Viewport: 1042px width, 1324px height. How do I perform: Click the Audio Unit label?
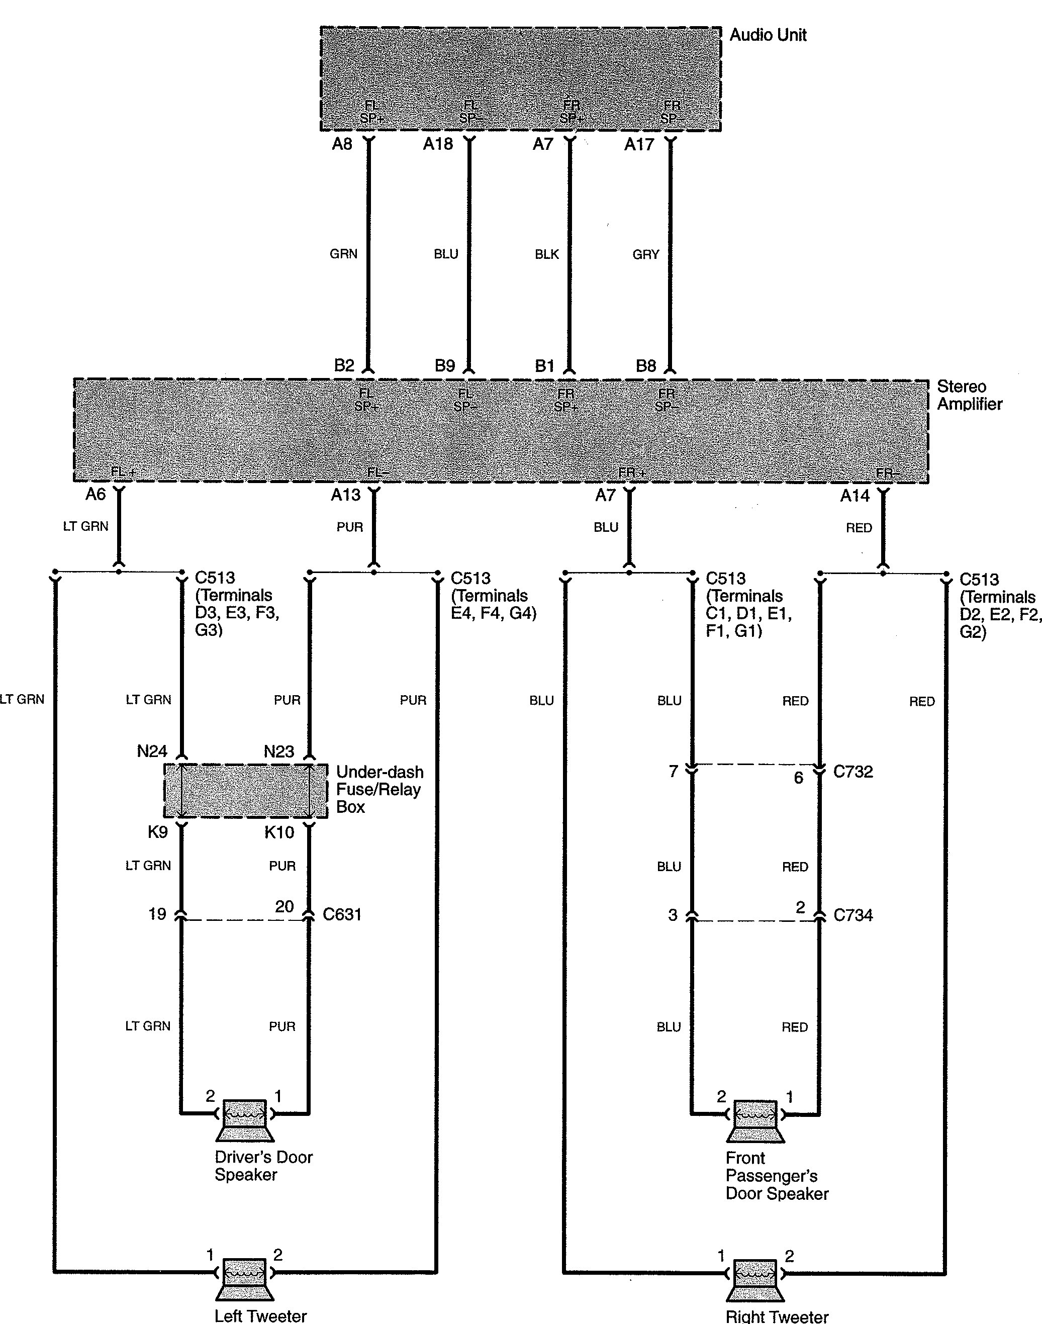(768, 35)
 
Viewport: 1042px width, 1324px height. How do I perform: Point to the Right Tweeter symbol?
(755, 1279)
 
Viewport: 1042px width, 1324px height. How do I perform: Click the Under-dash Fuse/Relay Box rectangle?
(245, 790)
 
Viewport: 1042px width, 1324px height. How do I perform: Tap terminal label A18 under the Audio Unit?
(438, 144)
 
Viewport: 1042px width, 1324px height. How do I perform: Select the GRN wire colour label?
(343, 254)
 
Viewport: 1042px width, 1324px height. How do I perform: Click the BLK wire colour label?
(546, 254)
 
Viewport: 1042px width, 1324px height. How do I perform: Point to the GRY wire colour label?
(646, 254)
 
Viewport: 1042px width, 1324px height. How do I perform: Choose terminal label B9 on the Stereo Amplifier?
(445, 365)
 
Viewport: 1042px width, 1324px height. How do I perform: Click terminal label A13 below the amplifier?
(346, 495)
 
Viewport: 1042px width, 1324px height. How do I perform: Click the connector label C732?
(853, 771)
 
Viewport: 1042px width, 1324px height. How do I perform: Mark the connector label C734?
(853, 915)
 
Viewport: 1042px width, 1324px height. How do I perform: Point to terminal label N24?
(152, 751)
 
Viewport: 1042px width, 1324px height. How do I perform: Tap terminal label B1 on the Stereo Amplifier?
(544, 365)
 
